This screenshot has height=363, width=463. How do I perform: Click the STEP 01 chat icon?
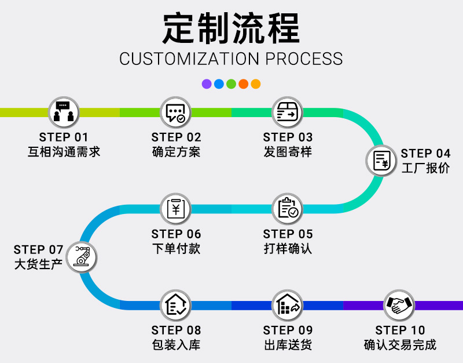(x=64, y=112)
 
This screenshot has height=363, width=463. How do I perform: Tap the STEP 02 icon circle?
(x=175, y=112)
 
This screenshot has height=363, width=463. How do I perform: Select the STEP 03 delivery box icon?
(x=287, y=112)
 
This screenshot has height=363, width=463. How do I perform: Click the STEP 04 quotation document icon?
(x=381, y=160)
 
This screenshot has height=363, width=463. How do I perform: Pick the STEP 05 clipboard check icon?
(x=287, y=208)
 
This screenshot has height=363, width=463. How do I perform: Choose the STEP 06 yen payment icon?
(x=175, y=208)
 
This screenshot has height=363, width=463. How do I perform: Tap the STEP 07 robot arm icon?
(x=82, y=257)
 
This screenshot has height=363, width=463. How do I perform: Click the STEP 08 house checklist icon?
(x=175, y=305)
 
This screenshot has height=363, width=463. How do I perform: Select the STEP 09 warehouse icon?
(x=287, y=305)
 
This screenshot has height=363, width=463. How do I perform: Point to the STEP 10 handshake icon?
(x=399, y=305)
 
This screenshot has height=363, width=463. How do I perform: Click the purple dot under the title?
(x=207, y=84)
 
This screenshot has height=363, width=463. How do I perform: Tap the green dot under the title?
(x=231, y=84)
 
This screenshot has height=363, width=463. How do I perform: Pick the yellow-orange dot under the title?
(x=255, y=84)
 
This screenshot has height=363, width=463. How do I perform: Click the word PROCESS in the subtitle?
(x=304, y=59)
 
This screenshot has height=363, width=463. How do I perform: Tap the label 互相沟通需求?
(x=64, y=153)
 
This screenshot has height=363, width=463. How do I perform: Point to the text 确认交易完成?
(x=400, y=345)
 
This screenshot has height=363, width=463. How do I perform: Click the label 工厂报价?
(x=425, y=169)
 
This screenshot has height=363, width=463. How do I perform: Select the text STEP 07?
(x=38, y=250)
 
